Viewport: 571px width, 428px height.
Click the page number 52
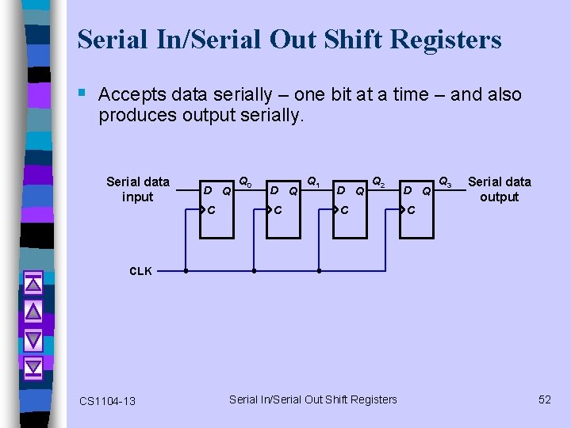tap(544, 399)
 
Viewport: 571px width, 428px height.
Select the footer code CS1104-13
tap(107, 401)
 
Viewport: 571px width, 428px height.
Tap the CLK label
tap(140, 271)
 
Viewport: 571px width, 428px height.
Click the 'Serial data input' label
tap(138, 189)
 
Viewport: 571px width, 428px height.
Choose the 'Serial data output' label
tap(499, 189)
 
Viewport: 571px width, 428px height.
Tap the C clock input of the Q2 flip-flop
tap(345, 211)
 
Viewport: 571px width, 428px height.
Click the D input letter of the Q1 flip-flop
tap(274, 190)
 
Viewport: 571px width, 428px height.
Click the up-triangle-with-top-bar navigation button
tap(33, 283)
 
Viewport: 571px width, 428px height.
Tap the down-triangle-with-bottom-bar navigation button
tap(33, 368)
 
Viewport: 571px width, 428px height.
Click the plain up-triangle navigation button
tap(33, 311)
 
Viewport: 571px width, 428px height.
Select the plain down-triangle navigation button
tap(33, 339)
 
